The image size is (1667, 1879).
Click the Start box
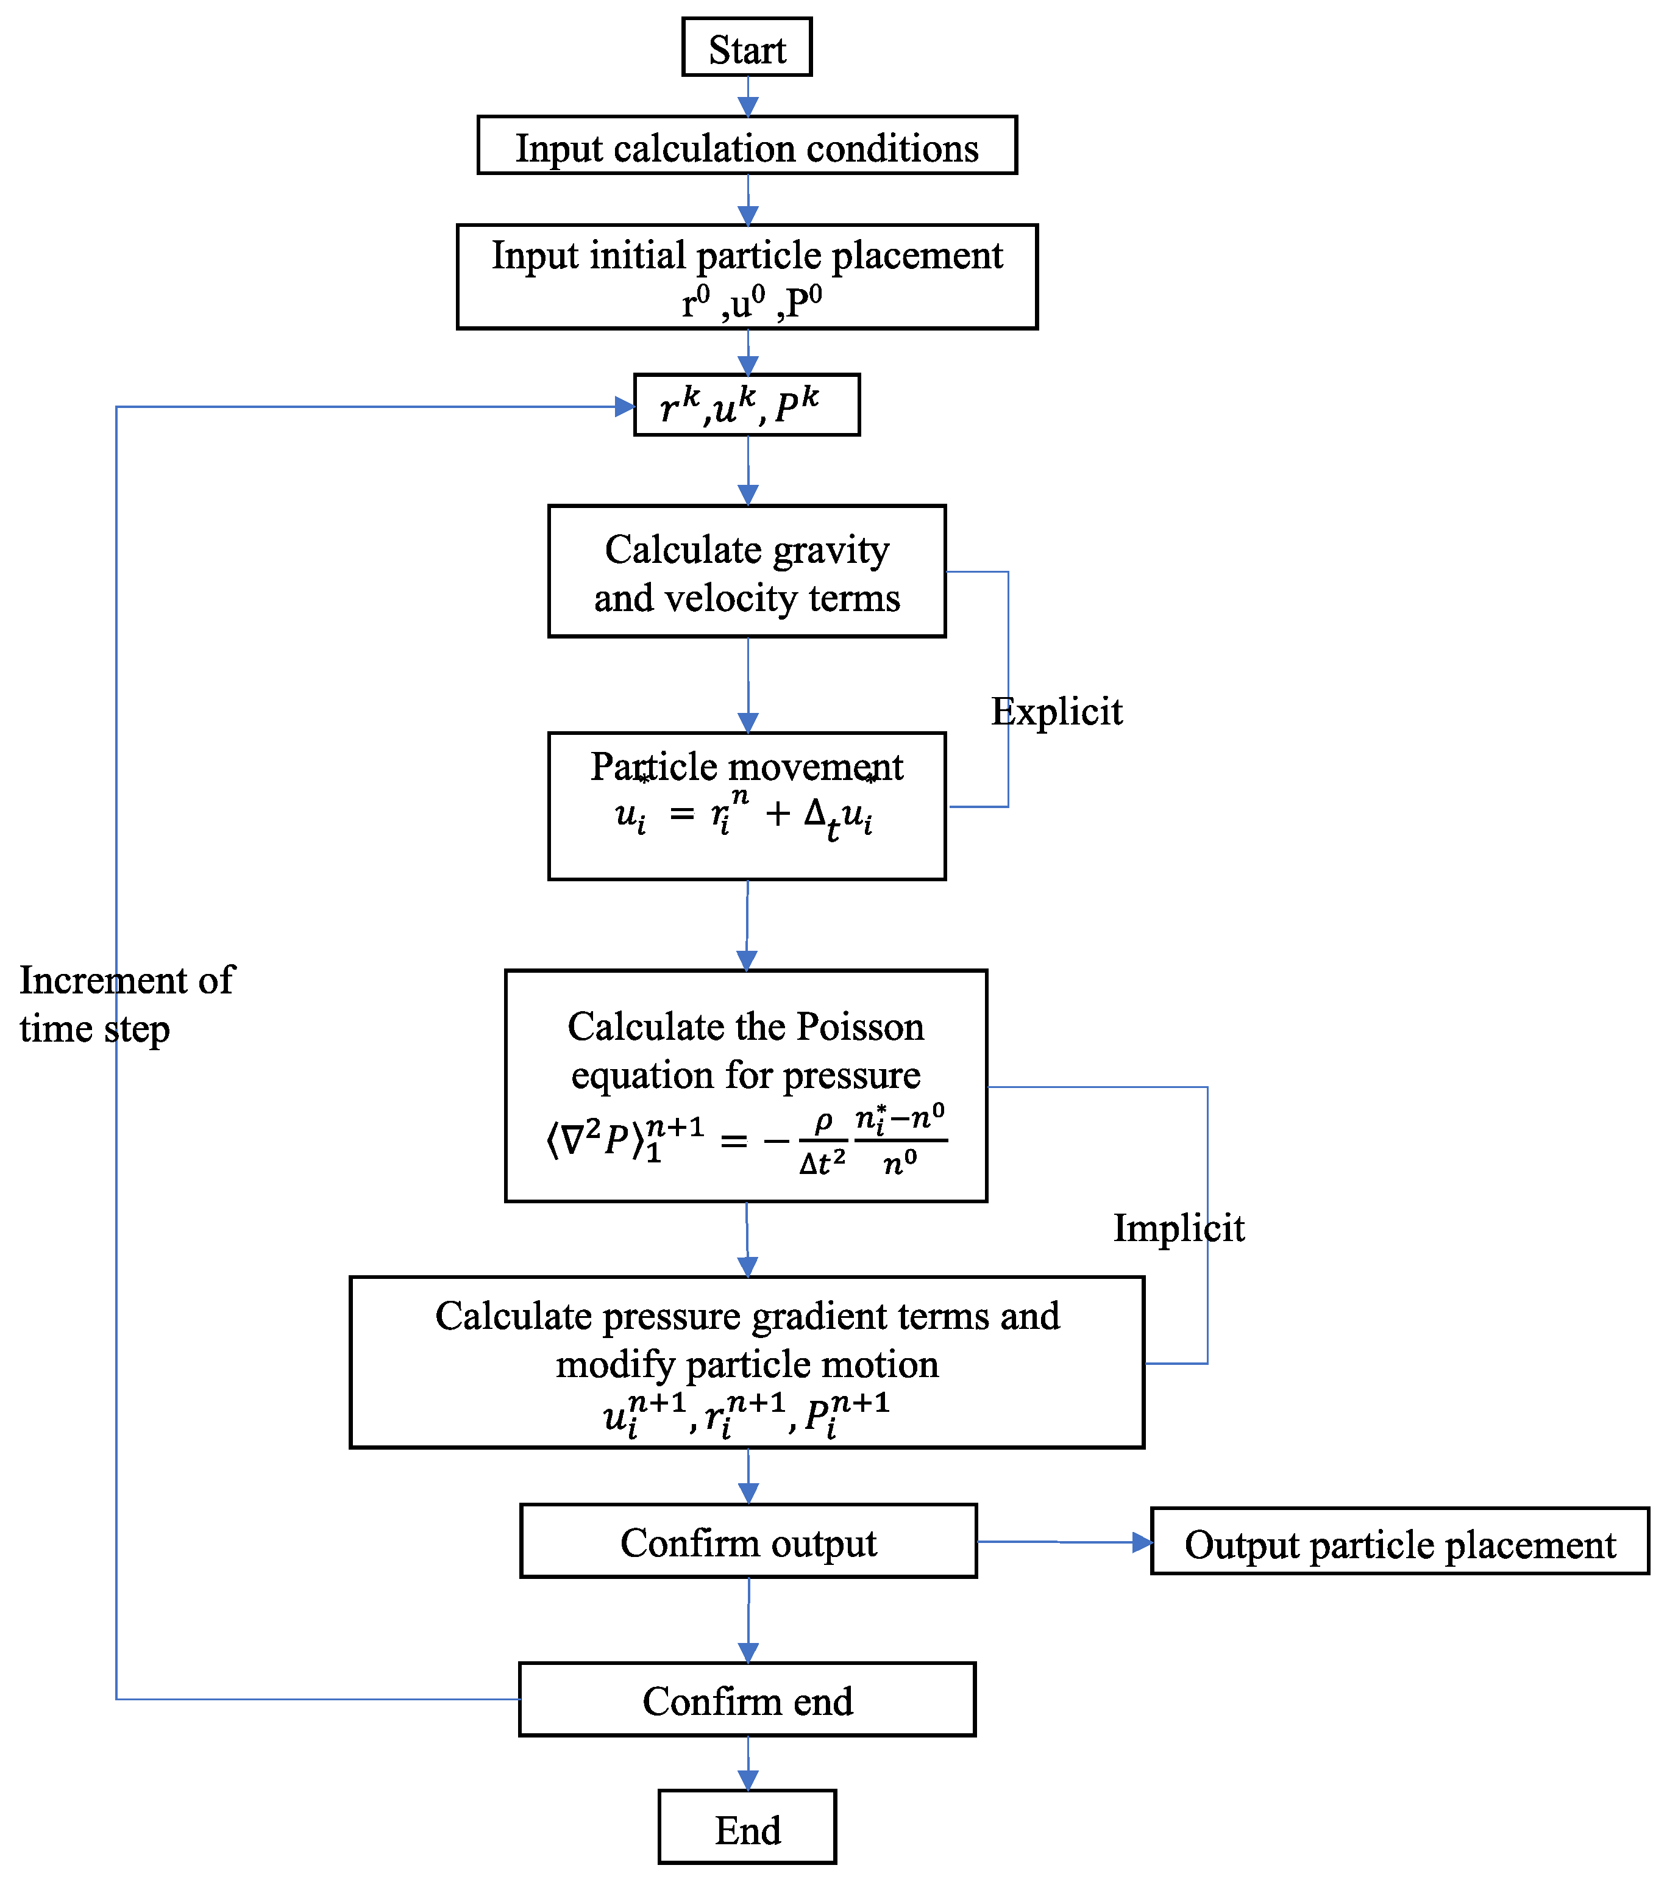(746, 48)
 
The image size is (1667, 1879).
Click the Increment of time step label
(126, 1004)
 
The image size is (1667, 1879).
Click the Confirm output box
(748, 1542)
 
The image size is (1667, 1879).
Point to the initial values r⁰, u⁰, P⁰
(751, 302)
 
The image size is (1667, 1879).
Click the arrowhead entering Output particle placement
(1142, 1542)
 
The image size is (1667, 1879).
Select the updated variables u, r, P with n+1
(746, 1414)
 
